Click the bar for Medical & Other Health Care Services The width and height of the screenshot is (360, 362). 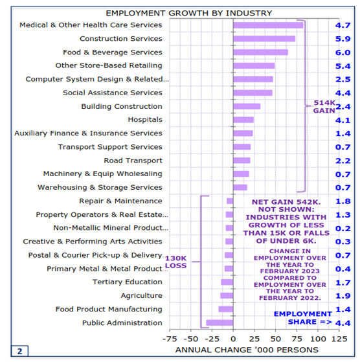click(x=268, y=25)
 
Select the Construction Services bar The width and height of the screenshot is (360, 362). click(x=264, y=39)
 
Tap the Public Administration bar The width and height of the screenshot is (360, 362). click(x=219, y=322)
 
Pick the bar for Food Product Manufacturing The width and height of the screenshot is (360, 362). click(x=226, y=309)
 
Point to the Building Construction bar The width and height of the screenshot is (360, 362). click(x=247, y=106)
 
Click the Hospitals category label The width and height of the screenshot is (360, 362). click(x=145, y=120)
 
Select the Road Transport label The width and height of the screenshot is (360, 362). click(x=133, y=161)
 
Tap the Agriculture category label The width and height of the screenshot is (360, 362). click(x=141, y=296)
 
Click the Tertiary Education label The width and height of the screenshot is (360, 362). click(x=128, y=282)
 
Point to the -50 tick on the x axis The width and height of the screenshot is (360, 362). click(x=191, y=339)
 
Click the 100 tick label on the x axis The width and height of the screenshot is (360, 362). click(x=318, y=339)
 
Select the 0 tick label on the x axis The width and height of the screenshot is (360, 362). click(x=233, y=339)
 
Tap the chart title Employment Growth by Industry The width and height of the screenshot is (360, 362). click(x=189, y=13)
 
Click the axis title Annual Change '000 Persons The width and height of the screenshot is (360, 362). click(x=247, y=350)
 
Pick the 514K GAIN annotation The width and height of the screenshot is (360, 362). click(x=324, y=107)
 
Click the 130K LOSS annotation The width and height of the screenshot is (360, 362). click(x=176, y=262)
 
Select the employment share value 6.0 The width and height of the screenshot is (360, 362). click(x=343, y=52)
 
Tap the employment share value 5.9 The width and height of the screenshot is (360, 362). click(x=343, y=39)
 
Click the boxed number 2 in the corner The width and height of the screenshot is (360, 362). click(x=19, y=351)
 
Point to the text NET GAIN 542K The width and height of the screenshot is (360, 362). click(x=286, y=202)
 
